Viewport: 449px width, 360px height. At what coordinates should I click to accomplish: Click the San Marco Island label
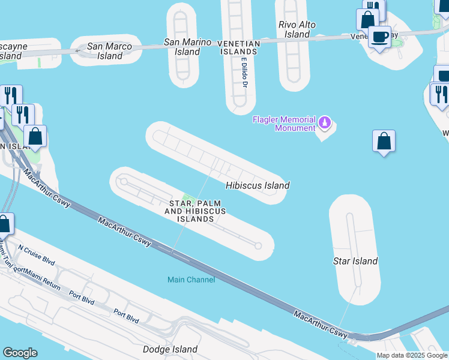coord(105,51)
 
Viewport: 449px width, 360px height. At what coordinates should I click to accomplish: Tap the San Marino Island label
coord(188,47)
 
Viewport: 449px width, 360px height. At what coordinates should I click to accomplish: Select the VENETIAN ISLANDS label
coord(238,47)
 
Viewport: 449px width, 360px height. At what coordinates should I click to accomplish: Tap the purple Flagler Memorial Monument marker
coord(325,123)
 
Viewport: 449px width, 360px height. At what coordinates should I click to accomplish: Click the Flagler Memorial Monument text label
coord(283,124)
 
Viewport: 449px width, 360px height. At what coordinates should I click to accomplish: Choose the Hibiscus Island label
coord(258,185)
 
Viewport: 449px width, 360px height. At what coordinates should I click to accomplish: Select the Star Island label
coord(355,261)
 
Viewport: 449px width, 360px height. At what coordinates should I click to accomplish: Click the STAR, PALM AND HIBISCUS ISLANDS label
coord(196,211)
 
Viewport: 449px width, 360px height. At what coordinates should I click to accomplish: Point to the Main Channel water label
coord(191,280)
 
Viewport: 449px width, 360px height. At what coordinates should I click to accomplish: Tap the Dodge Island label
coord(170,349)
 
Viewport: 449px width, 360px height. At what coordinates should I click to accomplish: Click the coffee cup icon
coord(379,37)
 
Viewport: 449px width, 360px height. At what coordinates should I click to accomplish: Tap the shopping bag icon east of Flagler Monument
coord(384,142)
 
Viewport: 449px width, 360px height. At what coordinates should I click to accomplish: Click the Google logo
coord(20,353)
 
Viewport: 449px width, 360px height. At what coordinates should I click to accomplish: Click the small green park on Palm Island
coord(189,199)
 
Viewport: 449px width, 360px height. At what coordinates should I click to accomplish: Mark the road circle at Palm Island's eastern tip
coord(259,245)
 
